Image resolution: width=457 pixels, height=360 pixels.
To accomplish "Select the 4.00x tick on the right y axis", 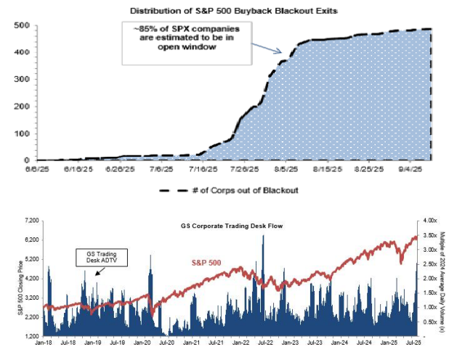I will point(431,220).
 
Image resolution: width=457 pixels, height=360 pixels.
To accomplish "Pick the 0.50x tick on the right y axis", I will point(431,322).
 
